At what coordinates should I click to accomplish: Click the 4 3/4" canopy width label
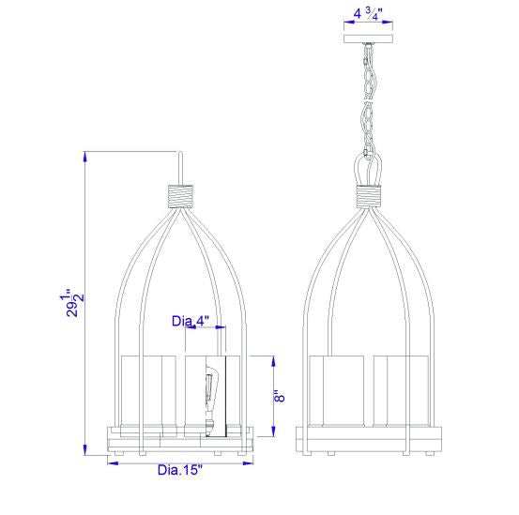tap(373, 14)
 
